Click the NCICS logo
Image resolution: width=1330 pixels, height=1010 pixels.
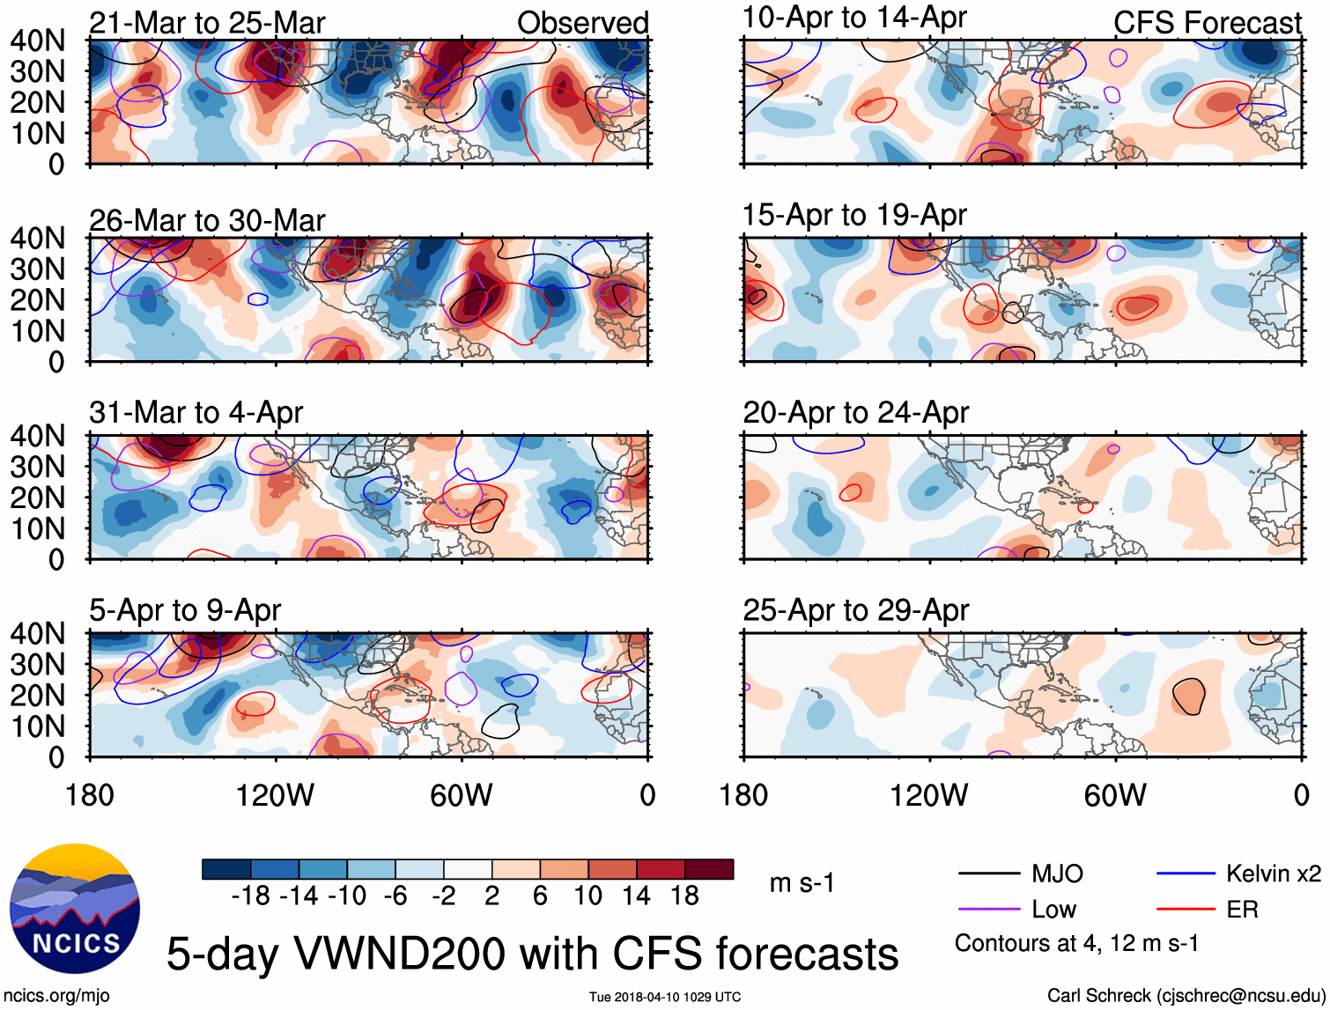click(x=75, y=909)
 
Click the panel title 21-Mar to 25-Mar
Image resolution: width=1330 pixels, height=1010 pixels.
click(x=207, y=23)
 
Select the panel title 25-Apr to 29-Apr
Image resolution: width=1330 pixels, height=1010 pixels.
click(x=855, y=610)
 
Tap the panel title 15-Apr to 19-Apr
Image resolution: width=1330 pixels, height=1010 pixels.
click(x=854, y=215)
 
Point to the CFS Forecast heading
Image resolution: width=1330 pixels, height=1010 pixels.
click(x=1207, y=23)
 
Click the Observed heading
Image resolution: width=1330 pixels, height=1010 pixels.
click(x=582, y=23)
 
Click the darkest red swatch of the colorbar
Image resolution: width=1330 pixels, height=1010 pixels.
click(x=709, y=869)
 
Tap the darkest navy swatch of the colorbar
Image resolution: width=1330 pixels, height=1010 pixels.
click(x=226, y=869)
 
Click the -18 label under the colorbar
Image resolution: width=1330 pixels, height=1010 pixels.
click(x=250, y=896)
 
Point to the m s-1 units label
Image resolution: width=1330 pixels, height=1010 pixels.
click(x=802, y=882)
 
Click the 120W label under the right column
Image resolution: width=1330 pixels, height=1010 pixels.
click(x=928, y=796)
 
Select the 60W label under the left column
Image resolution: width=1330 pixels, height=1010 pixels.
click(x=461, y=796)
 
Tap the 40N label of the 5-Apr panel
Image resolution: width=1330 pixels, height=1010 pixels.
click(x=37, y=633)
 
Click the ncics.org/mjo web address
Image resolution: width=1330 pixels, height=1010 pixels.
click(x=56, y=996)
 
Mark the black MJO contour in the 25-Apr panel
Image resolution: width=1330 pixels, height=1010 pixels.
click(x=1189, y=696)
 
